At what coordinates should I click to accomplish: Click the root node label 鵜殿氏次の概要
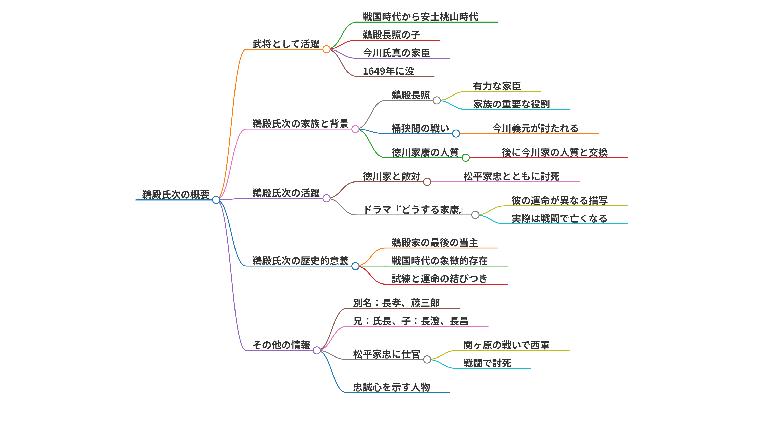(x=176, y=194)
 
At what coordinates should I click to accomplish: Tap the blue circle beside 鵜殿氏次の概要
(x=216, y=200)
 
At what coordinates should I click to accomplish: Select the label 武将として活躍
(x=286, y=44)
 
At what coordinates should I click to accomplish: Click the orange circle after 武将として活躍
(x=326, y=49)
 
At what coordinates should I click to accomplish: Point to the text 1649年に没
(x=388, y=71)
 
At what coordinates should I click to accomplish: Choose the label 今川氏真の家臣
(x=396, y=53)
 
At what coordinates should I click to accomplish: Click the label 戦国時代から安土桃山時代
(x=421, y=17)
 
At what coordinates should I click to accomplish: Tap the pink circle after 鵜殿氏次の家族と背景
(x=355, y=129)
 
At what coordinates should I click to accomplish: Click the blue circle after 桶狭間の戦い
(x=456, y=133)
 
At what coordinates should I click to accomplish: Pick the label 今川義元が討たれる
(x=535, y=128)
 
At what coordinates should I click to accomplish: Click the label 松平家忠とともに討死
(x=511, y=176)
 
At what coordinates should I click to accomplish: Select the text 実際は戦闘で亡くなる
(x=559, y=218)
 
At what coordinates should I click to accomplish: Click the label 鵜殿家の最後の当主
(x=435, y=243)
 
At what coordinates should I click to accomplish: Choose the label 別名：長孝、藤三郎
(x=396, y=303)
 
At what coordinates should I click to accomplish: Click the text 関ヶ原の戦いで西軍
(x=506, y=345)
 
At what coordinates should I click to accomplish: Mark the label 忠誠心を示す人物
(x=392, y=387)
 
